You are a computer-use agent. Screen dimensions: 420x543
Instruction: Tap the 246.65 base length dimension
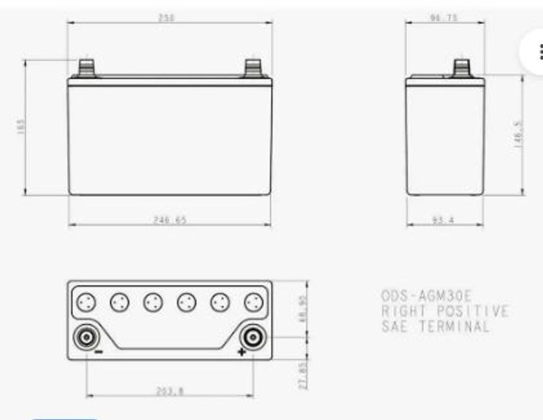tap(170, 220)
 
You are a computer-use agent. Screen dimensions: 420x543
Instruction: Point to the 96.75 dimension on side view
tap(443, 18)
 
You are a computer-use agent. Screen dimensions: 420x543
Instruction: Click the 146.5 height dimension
tap(518, 134)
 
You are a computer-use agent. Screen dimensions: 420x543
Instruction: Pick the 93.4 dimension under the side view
tap(443, 220)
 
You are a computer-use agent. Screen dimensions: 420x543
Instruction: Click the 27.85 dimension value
tap(303, 376)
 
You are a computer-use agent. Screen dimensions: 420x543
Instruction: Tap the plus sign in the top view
tap(241, 352)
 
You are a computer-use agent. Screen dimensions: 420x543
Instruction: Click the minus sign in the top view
tap(98, 352)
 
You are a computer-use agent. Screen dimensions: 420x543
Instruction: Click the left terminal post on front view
tap(87, 68)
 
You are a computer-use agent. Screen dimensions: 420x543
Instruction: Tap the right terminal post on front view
tap(254, 68)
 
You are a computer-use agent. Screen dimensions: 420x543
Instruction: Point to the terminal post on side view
tap(462, 68)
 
